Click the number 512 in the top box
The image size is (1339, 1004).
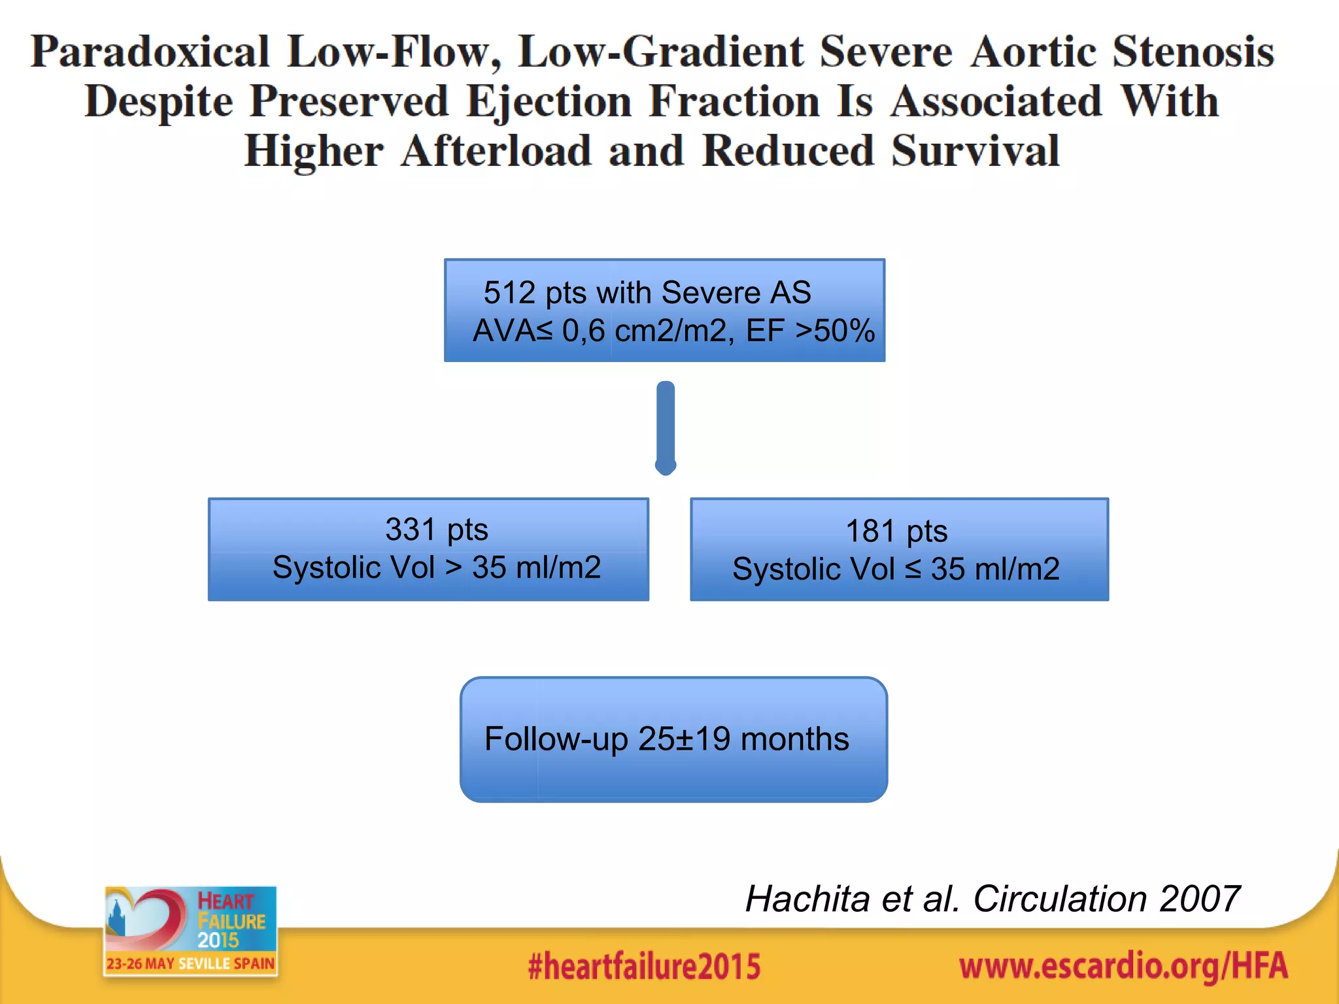[x=509, y=292]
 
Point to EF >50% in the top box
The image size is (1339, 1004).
[x=810, y=331]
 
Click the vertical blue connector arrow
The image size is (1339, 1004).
[x=666, y=428]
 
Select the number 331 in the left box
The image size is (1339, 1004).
[x=410, y=529]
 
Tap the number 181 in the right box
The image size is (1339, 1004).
[x=870, y=531]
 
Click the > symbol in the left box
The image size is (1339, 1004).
[x=454, y=567]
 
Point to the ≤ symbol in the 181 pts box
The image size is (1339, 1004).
[x=913, y=569]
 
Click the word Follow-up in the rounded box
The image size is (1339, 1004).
[x=556, y=739]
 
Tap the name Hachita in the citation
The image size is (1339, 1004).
[x=807, y=899]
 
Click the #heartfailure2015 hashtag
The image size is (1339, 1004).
[x=644, y=967]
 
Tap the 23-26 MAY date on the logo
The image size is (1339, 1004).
[x=141, y=964]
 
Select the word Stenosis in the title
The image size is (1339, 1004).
[x=1193, y=52]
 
